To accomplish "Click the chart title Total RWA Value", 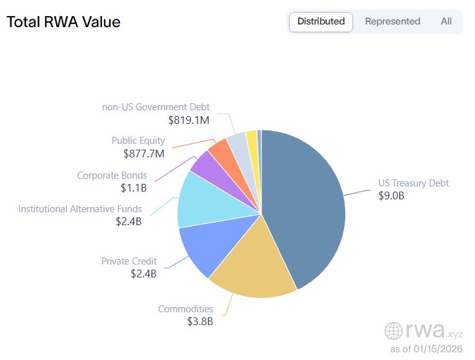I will (63, 21).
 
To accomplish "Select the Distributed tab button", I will (321, 21).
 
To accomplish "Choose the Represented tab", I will (392, 21).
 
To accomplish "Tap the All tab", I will (446, 21).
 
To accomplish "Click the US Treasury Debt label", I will (413, 183).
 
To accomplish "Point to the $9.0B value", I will (391, 196).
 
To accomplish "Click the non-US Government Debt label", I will (156, 107).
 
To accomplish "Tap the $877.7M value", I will (144, 154).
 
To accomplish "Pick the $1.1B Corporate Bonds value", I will (134, 188).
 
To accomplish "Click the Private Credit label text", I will (128, 261).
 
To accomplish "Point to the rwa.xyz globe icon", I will (394, 331).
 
